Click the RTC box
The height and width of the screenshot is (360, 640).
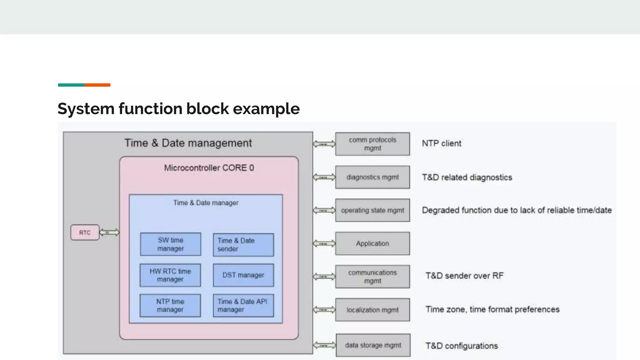[85, 232]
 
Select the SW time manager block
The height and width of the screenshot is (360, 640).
[171, 244]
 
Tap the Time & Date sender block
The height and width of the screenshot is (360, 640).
[243, 245]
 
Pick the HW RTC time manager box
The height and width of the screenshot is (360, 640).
[170, 275]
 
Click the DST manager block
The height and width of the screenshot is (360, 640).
[243, 275]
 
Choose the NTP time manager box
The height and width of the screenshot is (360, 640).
[170, 306]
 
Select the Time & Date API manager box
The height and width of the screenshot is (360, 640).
[243, 306]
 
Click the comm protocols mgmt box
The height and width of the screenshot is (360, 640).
[372, 144]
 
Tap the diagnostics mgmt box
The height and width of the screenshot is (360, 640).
[372, 177]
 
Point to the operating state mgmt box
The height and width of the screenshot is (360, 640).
[372, 210]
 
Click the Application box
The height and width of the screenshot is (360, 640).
[372, 243]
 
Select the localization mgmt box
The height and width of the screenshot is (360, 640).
[372, 310]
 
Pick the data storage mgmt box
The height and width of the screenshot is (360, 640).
[373, 345]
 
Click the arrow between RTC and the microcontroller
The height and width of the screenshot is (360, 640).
[109, 232]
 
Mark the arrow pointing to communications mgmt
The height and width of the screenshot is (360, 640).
[324, 277]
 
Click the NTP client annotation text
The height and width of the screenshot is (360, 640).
[441, 143]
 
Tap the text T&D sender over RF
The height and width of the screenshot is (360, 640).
[464, 276]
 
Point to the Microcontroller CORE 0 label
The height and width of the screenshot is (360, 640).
[209, 168]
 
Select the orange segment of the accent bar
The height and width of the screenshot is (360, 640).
[97, 85]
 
